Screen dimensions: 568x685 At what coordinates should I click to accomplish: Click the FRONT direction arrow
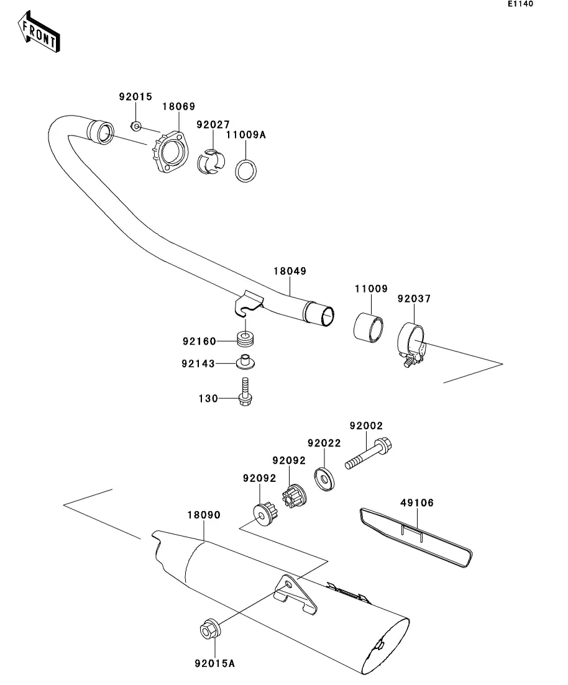click(39, 32)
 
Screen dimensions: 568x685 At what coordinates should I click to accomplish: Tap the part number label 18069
click(179, 106)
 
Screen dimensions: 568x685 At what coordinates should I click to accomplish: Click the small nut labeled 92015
click(136, 126)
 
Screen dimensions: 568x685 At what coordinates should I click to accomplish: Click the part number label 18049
click(290, 271)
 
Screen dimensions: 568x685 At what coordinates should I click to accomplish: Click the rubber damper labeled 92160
click(245, 338)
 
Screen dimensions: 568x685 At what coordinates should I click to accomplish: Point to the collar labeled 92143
click(245, 361)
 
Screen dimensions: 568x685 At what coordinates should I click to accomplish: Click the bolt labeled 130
click(245, 392)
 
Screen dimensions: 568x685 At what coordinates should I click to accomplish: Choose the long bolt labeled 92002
click(368, 453)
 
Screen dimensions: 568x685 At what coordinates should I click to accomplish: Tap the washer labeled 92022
click(324, 479)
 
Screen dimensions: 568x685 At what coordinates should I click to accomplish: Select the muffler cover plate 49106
click(416, 538)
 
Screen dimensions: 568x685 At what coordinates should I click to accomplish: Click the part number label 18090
click(204, 515)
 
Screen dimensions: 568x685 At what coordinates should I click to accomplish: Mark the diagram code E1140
click(520, 4)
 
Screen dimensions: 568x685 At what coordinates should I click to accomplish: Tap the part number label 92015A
click(214, 664)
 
